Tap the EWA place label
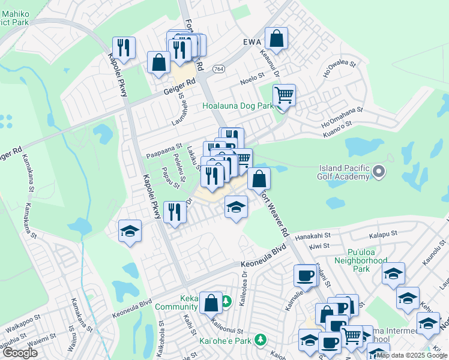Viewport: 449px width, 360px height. (x=254, y=42)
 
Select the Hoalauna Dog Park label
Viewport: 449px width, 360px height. (x=238, y=106)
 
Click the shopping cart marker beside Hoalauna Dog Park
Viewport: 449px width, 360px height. (x=284, y=95)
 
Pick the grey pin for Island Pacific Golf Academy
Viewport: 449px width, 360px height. (x=379, y=172)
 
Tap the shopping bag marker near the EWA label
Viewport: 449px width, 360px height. (x=276, y=39)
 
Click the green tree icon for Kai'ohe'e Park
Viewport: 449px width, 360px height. (x=260, y=340)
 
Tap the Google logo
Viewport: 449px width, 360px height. (x=20, y=353)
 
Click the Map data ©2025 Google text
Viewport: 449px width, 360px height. (x=412, y=355)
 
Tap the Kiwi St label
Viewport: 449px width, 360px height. (x=320, y=245)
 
